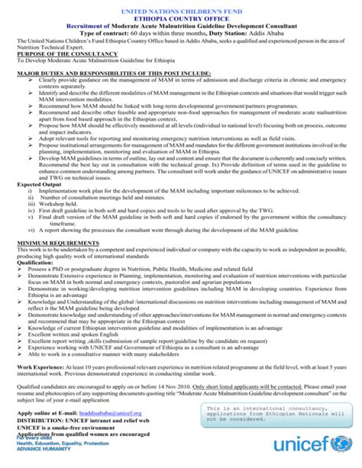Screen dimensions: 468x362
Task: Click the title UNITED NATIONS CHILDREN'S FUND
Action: (180, 6)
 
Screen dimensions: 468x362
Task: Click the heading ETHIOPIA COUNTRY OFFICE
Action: (180, 15)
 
